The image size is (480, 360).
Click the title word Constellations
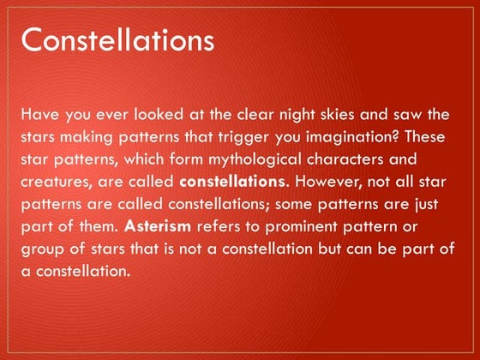(117, 39)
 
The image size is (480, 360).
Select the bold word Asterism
(158, 226)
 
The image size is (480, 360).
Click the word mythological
(255, 159)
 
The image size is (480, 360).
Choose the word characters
(345, 159)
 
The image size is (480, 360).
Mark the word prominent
(301, 227)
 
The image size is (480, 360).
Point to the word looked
(159, 115)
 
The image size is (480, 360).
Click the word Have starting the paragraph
(39, 115)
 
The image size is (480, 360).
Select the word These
(425, 137)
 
